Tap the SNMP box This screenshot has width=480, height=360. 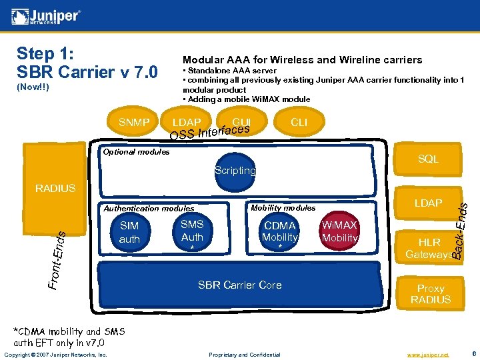(134, 123)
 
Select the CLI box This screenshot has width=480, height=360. (299, 123)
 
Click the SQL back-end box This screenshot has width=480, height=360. (427, 159)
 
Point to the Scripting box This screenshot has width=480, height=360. (235, 171)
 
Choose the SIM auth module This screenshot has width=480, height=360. (129, 233)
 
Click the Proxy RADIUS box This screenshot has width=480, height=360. (430, 293)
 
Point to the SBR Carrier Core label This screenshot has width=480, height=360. (239, 285)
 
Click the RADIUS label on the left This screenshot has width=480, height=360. (55, 189)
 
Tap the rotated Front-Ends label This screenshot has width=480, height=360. (58, 260)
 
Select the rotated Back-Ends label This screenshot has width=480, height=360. (458, 231)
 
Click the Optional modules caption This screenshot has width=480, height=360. (135, 152)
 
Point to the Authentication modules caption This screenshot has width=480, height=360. (149, 209)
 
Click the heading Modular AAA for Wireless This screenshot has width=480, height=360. (302, 60)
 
